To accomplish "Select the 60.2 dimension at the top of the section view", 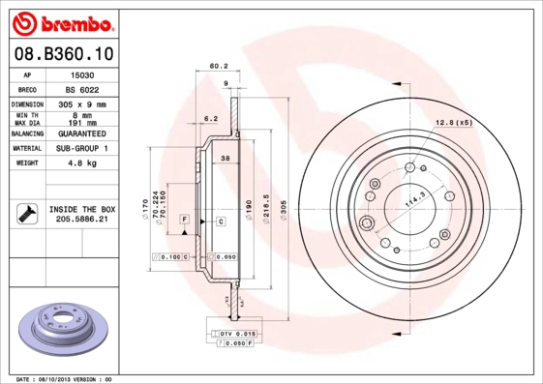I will tap(219, 67).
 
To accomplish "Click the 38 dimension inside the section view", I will tap(225, 158).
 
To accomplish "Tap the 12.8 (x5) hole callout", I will tap(453, 122).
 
